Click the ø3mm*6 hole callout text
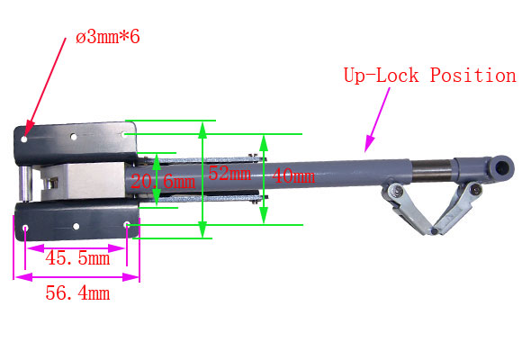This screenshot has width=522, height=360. tap(108, 37)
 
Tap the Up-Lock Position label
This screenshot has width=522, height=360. tap(430, 76)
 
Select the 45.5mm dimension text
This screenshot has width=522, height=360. tap(77, 258)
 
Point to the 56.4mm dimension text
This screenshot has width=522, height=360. tap(77, 293)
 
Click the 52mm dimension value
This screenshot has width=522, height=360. tap(229, 174)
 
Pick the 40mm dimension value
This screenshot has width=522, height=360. tap(293, 175)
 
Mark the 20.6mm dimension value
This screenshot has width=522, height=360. tap(163, 182)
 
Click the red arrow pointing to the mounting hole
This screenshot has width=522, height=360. tap(46, 87)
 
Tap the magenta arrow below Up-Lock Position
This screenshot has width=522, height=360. tap(377, 120)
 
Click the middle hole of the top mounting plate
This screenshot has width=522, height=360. tap(74, 137)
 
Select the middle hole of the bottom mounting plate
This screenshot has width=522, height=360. tap(76, 227)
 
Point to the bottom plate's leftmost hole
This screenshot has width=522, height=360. tap(25, 228)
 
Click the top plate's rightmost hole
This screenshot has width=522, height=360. tap(124, 134)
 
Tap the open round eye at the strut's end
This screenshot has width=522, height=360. tap(502, 167)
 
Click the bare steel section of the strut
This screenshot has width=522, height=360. tap(432, 171)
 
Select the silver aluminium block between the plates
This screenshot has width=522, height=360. tap(83, 182)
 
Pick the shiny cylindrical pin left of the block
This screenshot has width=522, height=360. tap(25, 184)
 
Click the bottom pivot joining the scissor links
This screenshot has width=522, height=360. tap(434, 231)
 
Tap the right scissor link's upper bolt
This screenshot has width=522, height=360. tap(476, 190)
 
